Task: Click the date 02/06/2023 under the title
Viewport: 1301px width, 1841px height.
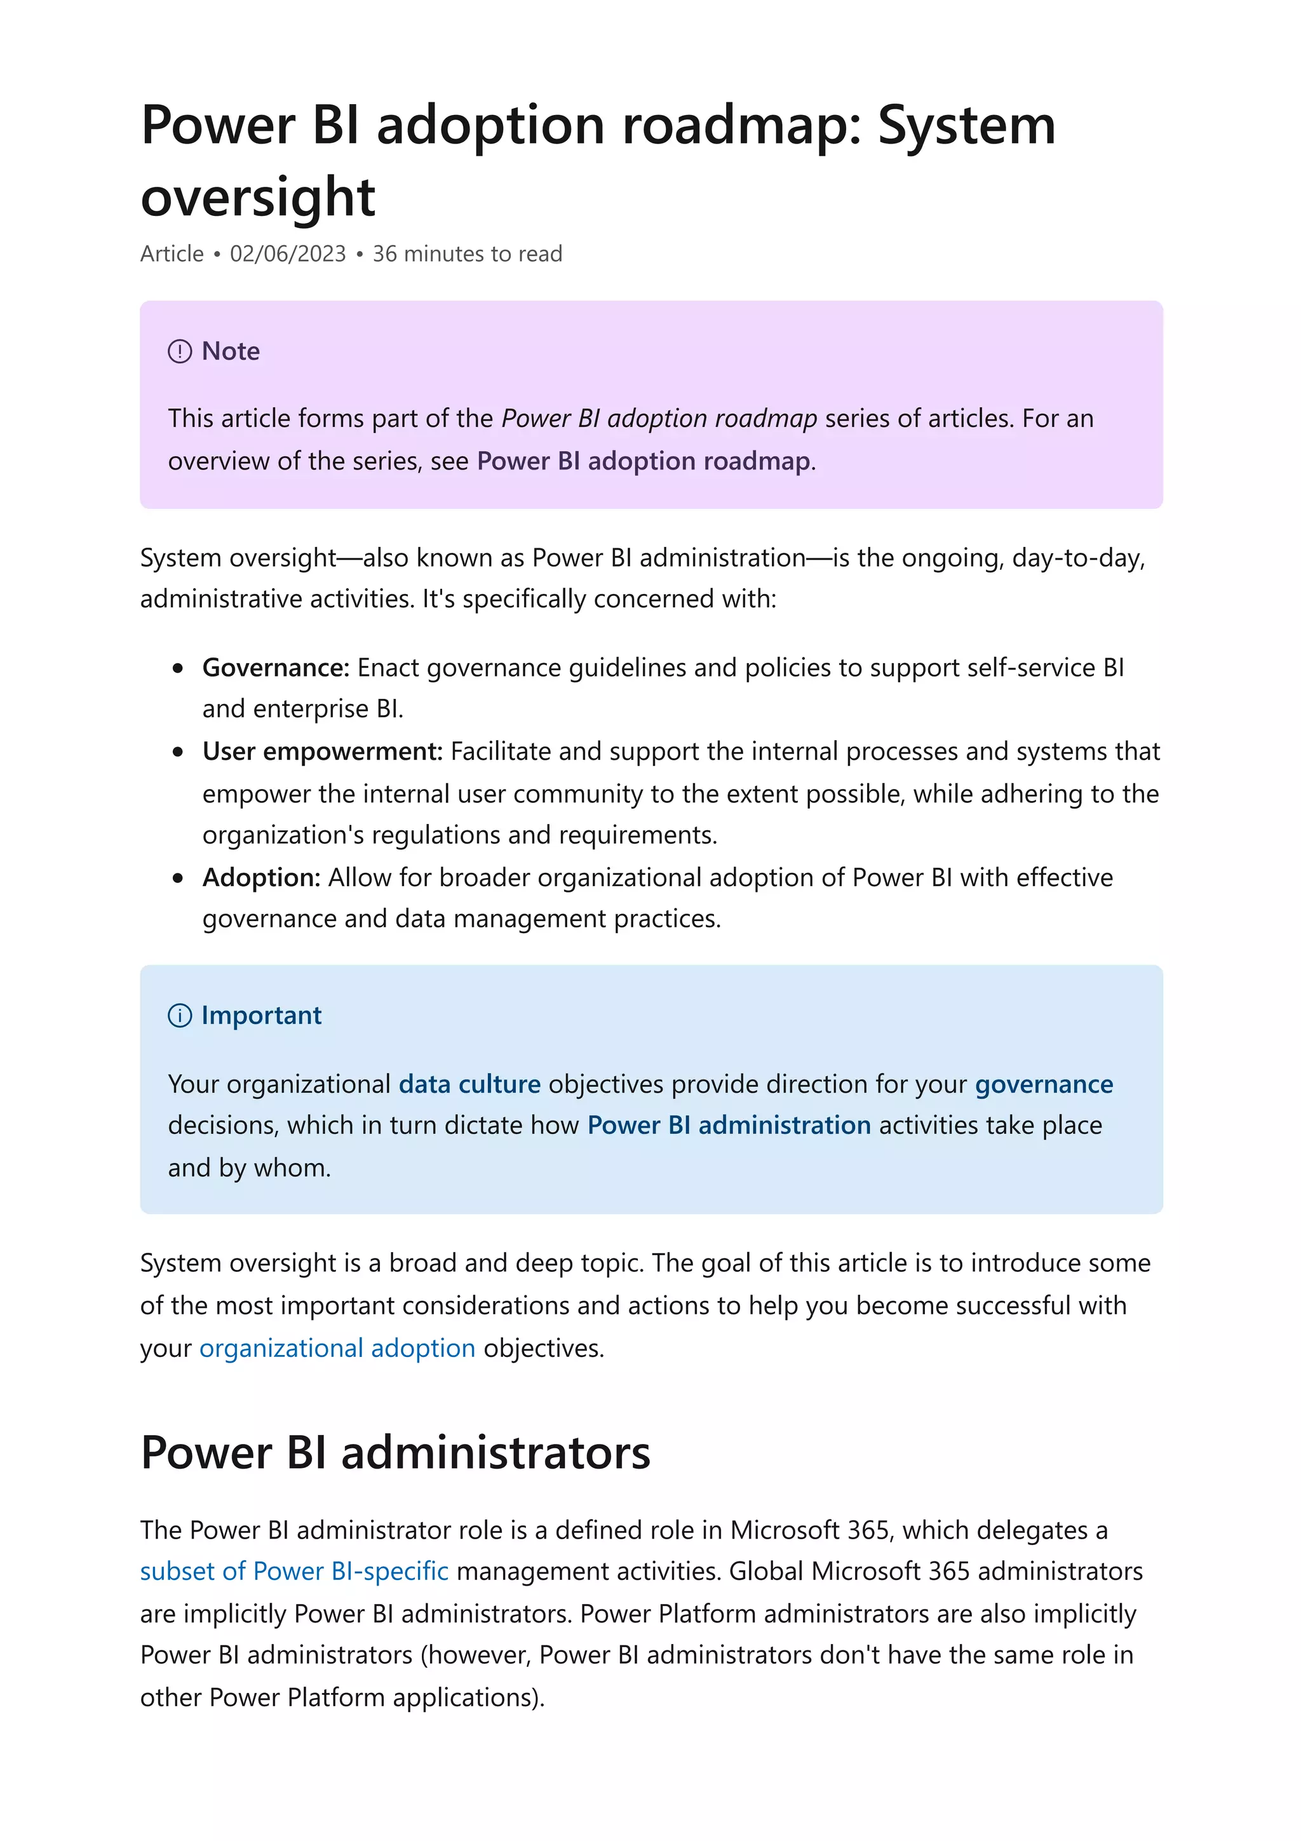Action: [x=287, y=253]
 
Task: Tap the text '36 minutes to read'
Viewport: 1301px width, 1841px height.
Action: [x=468, y=253]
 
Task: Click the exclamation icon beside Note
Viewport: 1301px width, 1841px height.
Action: [x=180, y=351]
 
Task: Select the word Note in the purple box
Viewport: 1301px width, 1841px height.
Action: [x=231, y=351]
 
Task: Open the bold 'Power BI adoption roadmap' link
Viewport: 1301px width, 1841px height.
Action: [x=643, y=461]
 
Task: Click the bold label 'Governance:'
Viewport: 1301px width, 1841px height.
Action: [x=276, y=667]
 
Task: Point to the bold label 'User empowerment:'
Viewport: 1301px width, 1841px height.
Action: [x=322, y=752]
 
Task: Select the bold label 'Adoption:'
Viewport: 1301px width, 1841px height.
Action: [x=261, y=877]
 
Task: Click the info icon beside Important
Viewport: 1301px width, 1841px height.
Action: [x=180, y=1016]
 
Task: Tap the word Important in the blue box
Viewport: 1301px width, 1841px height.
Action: [x=261, y=1016]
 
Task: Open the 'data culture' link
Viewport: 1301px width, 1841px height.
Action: [x=469, y=1084]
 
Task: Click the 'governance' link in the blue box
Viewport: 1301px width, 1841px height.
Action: [x=1044, y=1084]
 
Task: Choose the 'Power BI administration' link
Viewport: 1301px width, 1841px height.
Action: [x=729, y=1125]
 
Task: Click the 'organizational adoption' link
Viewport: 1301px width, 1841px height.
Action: [x=337, y=1348]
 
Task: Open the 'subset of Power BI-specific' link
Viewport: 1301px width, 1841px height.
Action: [x=294, y=1571]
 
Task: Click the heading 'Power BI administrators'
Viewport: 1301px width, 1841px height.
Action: [x=395, y=1452]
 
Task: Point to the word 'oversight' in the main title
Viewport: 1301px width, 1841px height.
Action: [x=257, y=197]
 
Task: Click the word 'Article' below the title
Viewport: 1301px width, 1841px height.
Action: [x=172, y=253]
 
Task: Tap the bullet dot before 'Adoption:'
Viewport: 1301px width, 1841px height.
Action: [x=178, y=878]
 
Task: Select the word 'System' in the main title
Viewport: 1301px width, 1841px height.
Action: [x=967, y=126]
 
